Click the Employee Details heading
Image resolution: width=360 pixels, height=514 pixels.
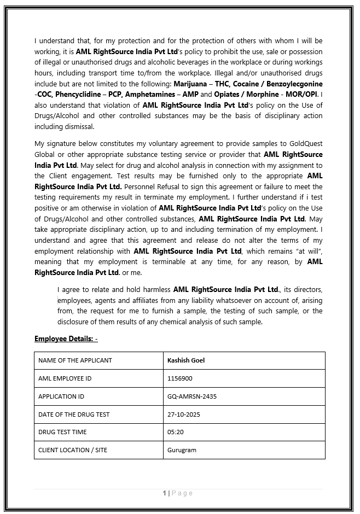pyautogui.click(x=66, y=339)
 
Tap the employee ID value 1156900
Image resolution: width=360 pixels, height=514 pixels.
pyautogui.click(x=180, y=378)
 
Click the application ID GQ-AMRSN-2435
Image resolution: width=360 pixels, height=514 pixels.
pyautogui.click(x=192, y=396)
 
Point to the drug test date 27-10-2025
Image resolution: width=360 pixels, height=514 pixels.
pyautogui.click(x=184, y=414)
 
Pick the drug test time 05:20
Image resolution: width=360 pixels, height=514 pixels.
pyautogui.click(x=176, y=432)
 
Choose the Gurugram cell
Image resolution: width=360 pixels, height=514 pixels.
pyautogui.click(x=182, y=450)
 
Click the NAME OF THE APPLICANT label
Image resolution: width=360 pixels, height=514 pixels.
pyautogui.click(x=75, y=360)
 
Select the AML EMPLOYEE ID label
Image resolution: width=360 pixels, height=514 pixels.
pyautogui.click(x=65, y=378)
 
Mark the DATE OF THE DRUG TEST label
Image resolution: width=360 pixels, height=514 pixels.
pyautogui.click(x=74, y=414)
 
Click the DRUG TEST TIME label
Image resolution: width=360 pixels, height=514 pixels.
pyautogui.click(x=62, y=432)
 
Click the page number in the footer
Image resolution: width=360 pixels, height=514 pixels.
pyautogui.click(x=164, y=493)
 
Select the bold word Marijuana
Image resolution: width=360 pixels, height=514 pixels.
pyautogui.click(x=191, y=84)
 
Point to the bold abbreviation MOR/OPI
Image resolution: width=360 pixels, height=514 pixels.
pyautogui.click(x=300, y=95)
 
